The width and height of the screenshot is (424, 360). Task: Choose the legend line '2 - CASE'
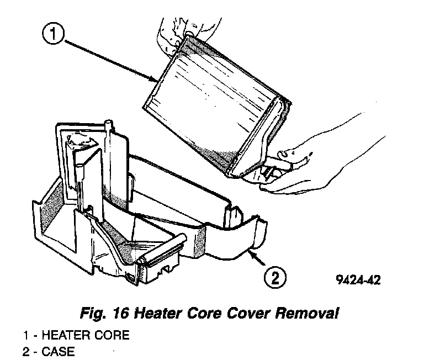49,351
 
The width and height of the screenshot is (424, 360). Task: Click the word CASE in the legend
59,351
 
